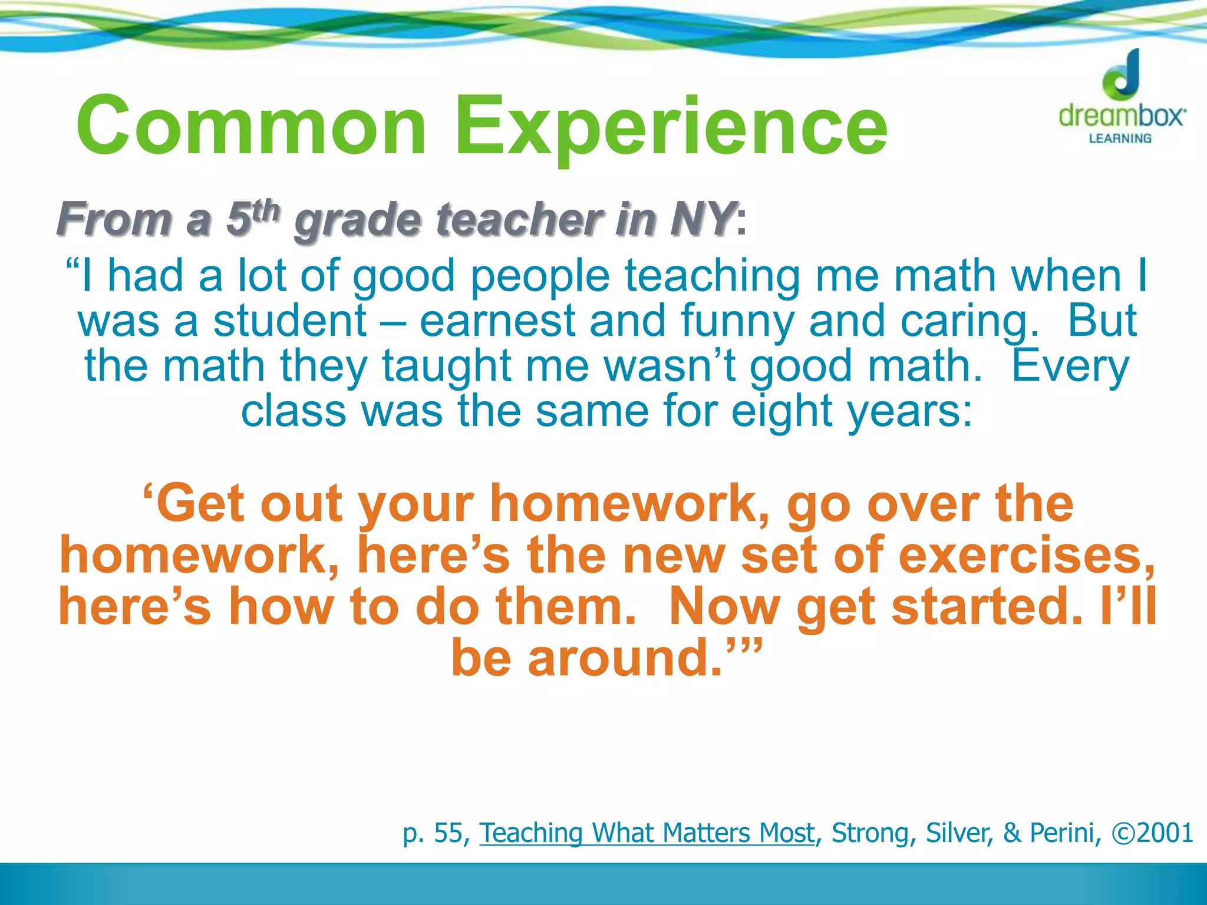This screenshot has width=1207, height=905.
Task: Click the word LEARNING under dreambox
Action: (x=1120, y=138)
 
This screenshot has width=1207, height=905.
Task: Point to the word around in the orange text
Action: (x=625, y=658)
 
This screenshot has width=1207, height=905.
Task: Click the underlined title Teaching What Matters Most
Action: (x=647, y=833)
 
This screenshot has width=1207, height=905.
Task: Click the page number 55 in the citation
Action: (x=447, y=833)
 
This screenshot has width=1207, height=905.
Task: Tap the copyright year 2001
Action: (x=1164, y=833)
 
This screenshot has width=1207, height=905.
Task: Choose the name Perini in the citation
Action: (x=1064, y=833)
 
